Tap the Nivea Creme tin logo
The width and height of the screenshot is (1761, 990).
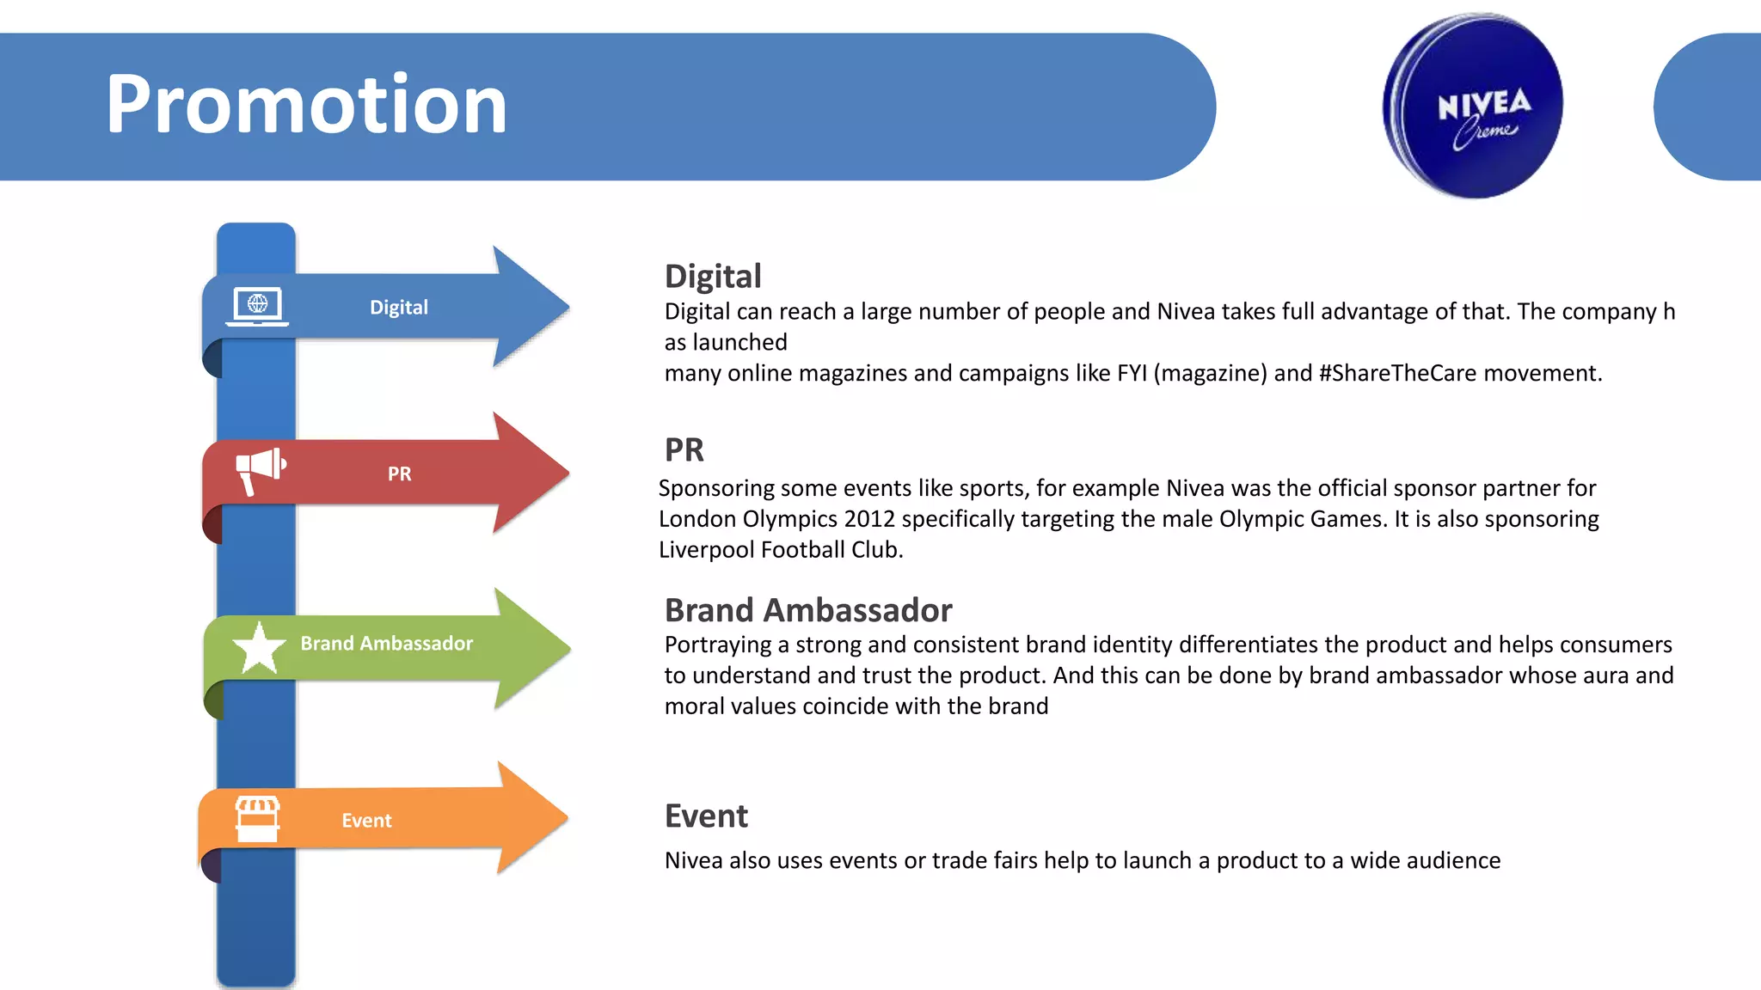pyautogui.click(x=1473, y=106)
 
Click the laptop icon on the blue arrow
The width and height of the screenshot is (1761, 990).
pyautogui.click(x=257, y=306)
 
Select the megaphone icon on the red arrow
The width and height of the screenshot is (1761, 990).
pyautogui.click(x=260, y=469)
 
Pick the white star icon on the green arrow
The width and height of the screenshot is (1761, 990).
pyautogui.click(x=259, y=648)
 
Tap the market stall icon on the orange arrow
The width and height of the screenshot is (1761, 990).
pyautogui.click(x=257, y=819)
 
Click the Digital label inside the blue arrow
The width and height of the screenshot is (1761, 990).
pyautogui.click(x=398, y=308)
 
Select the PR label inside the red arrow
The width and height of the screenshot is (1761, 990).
pyautogui.click(x=399, y=474)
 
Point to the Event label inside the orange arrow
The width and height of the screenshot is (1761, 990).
pyautogui.click(x=366, y=821)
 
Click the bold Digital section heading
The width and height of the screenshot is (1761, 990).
pyautogui.click(x=713, y=277)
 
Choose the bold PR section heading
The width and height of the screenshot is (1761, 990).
pyautogui.click(x=684, y=449)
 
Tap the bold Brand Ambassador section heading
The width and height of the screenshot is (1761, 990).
pyautogui.click(x=807, y=610)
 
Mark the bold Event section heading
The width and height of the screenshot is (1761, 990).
pyautogui.click(x=706, y=816)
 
